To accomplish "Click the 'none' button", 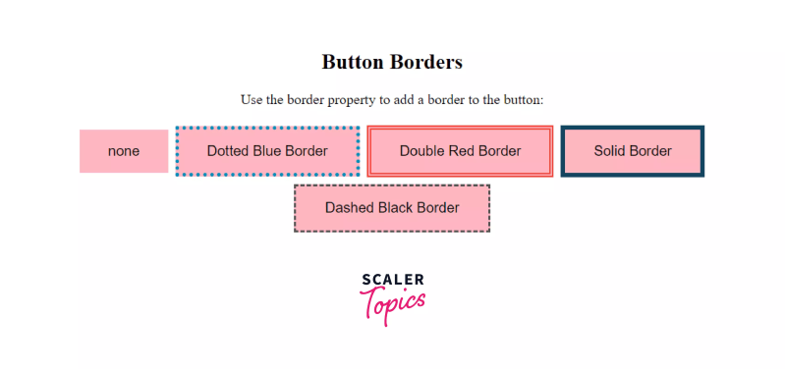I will (124, 151).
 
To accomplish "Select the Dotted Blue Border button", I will (267, 151).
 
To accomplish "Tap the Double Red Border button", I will (460, 151).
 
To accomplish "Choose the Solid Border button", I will (633, 151).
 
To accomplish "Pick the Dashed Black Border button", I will (392, 208).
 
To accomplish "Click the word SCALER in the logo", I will (392, 280).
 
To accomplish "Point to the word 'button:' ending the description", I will (523, 100).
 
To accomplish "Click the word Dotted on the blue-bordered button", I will (228, 151).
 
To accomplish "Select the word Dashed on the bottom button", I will (348, 208).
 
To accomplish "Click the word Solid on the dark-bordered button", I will (611, 151).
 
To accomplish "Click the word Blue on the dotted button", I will (268, 151).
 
